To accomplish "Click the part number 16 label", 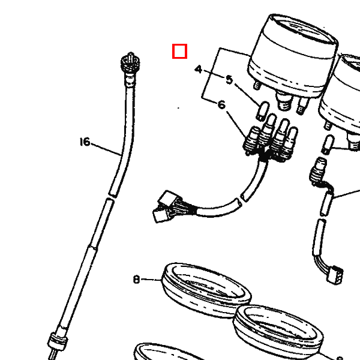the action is tap(85, 142).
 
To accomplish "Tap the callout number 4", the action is tap(199, 69).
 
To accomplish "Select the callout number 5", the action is tap(229, 80).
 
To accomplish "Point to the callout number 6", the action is tap(221, 104).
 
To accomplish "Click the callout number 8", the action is tap(136, 280).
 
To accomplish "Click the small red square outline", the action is tap(179, 51).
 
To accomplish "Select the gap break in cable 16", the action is tap(111, 197).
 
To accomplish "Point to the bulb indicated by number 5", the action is tap(262, 111).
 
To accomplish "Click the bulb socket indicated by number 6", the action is tap(251, 140).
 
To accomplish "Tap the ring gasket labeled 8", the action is tap(206, 290).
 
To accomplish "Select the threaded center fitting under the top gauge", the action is tap(284, 100).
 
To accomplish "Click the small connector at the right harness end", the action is tap(335, 275).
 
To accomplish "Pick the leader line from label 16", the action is tap(107, 149).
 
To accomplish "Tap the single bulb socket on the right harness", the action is tap(318, 171).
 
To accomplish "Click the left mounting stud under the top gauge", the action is tap(257, 85).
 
